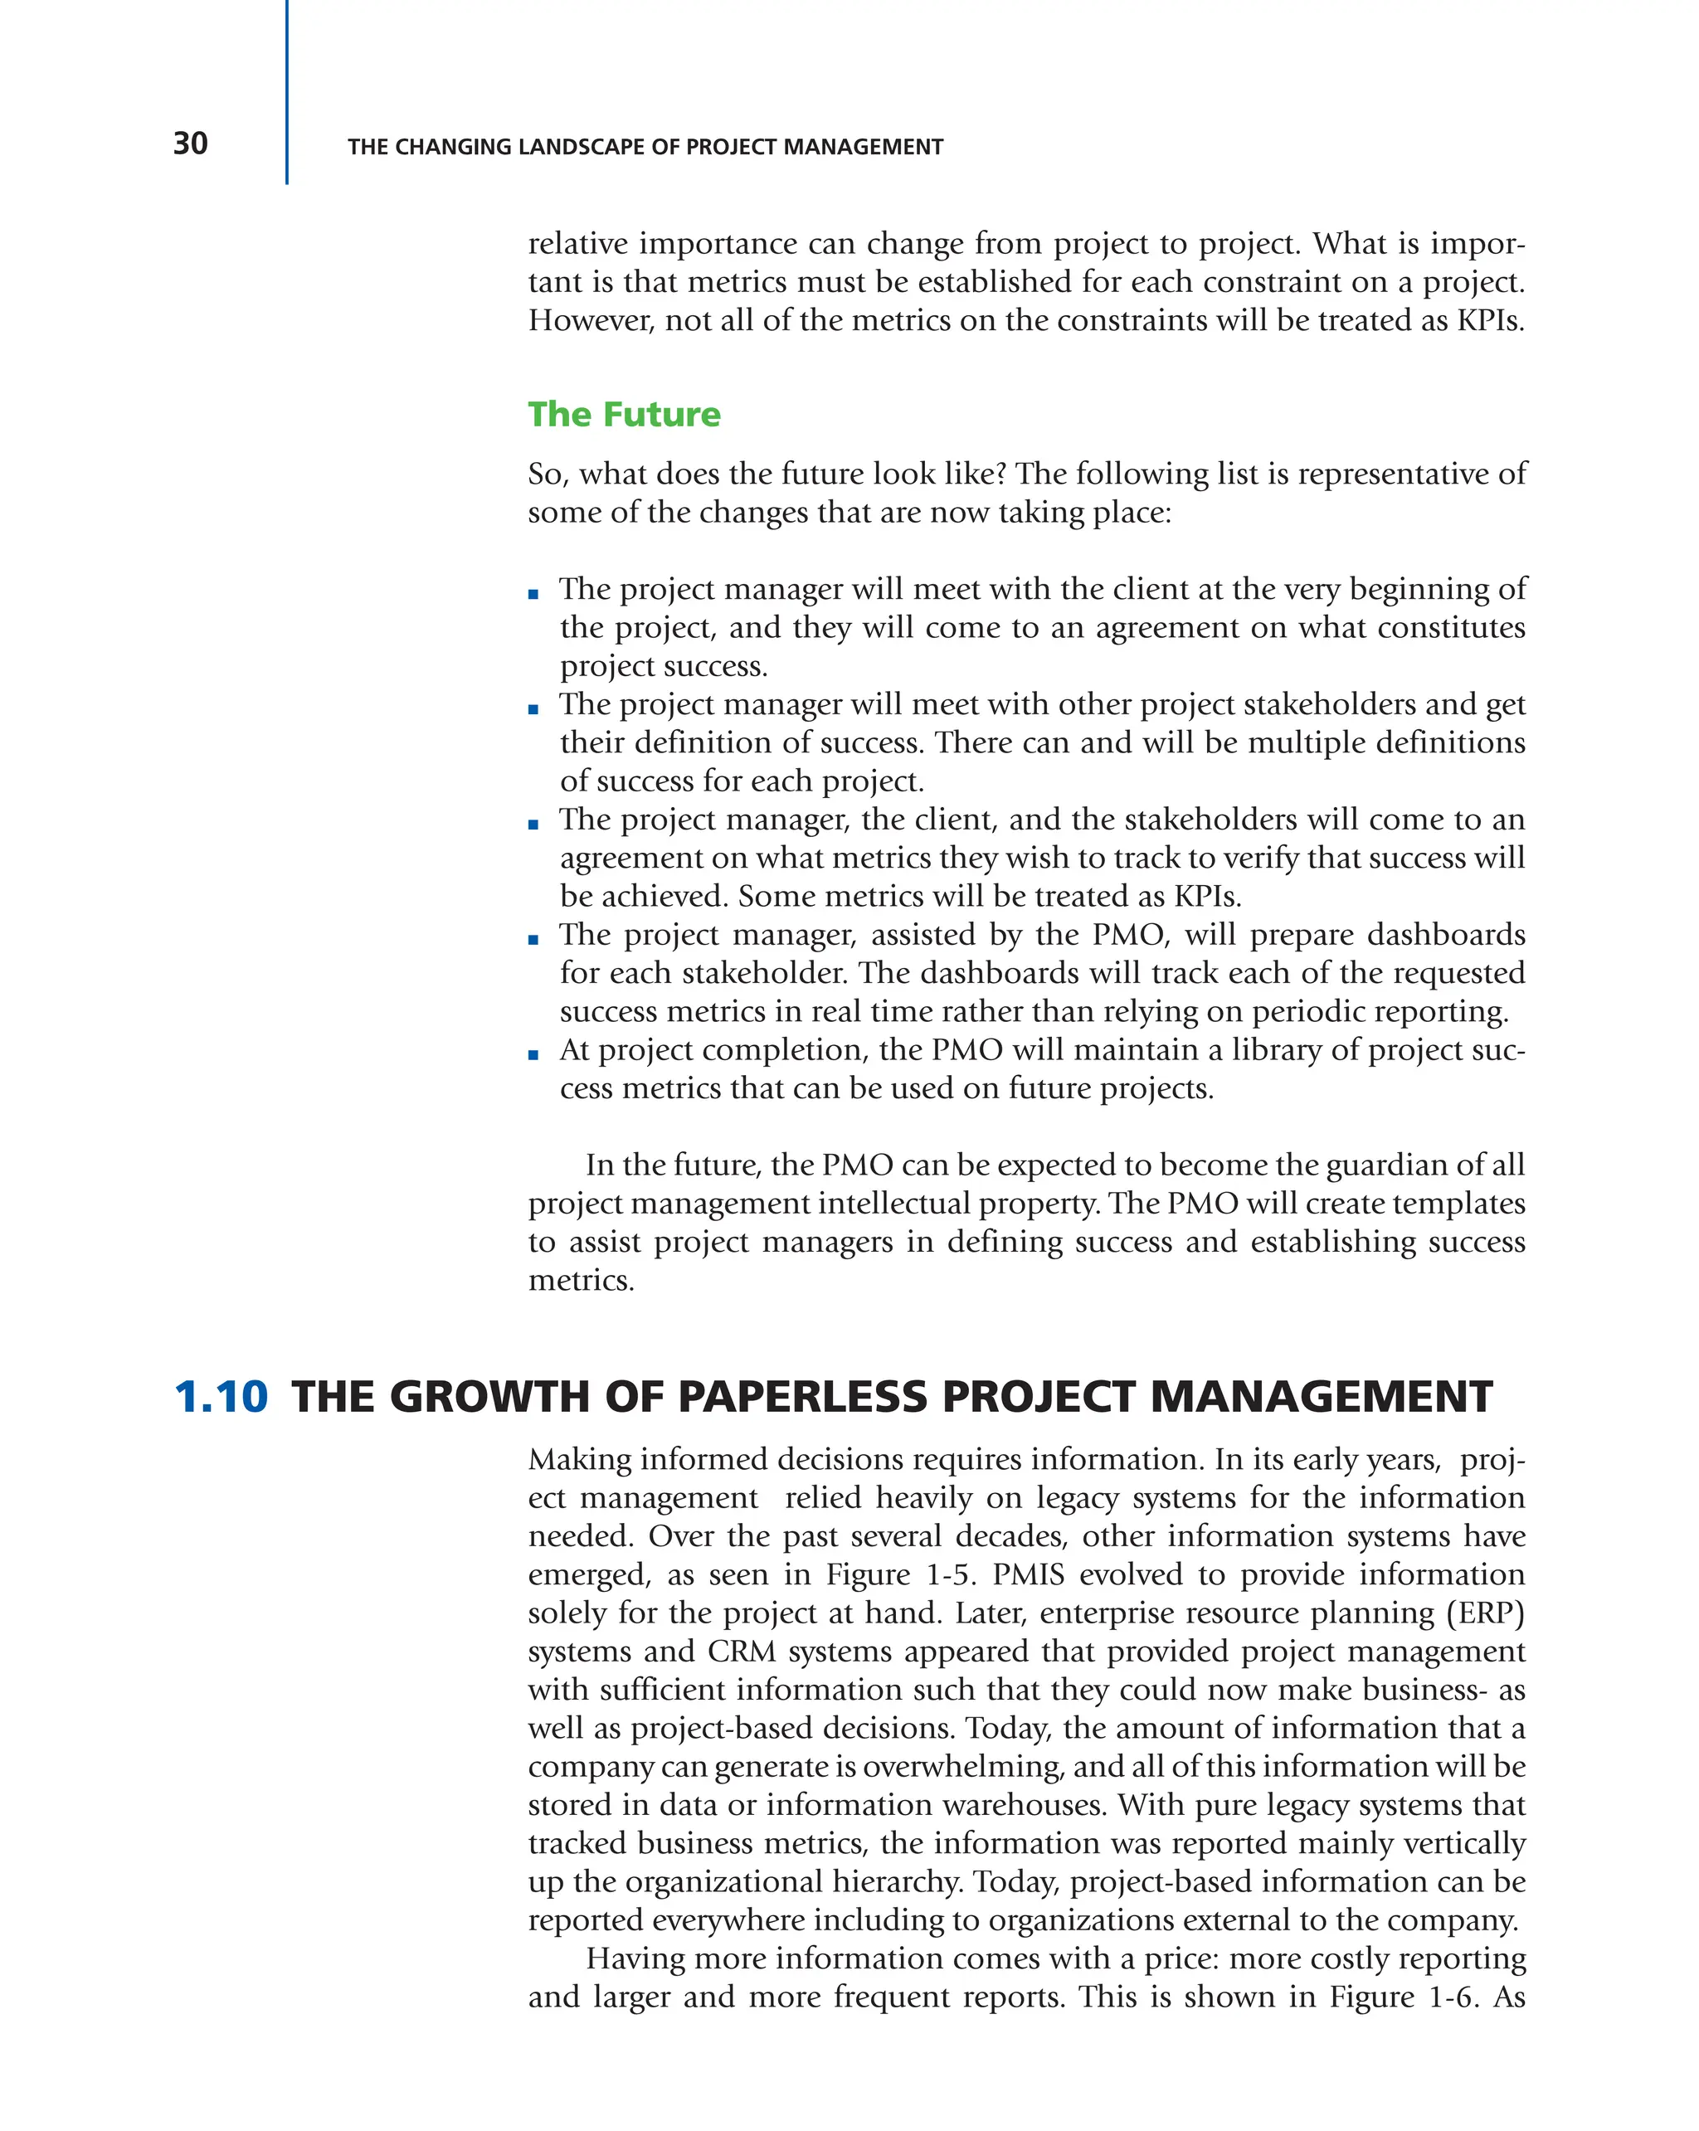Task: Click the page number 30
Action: tap(190, 144)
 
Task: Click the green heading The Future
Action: tap(624, 414)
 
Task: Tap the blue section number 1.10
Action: tap(221, 1398)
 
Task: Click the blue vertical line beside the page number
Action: tap(287, 94)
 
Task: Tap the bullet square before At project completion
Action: tap(533, 1054)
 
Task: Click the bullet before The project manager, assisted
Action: tap(533, 939)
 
